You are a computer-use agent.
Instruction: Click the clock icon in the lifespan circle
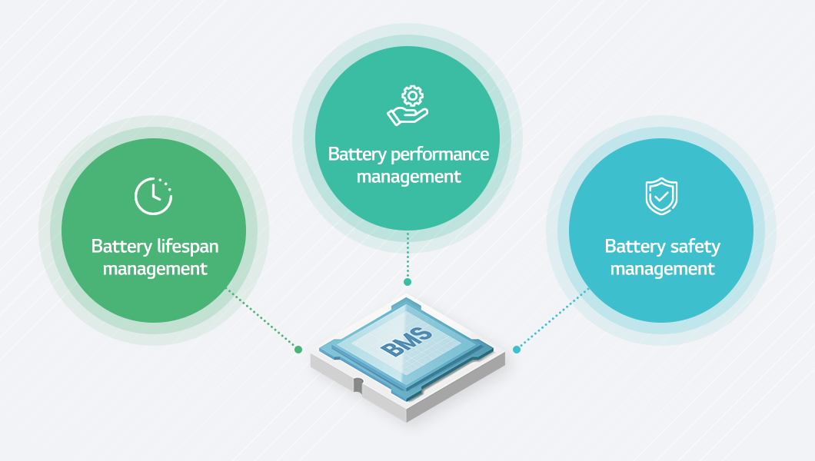(153, 196)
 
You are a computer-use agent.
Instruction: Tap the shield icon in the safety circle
(660, 196)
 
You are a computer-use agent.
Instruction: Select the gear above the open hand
(413, 95)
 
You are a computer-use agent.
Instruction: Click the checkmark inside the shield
(660, 197)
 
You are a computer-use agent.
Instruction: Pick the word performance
(440, 154)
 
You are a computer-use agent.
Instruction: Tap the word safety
(695, 247)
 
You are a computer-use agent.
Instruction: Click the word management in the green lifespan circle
(155, 269)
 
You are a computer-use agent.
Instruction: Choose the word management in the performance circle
(408, 177)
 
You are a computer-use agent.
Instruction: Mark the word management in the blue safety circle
(662, 269)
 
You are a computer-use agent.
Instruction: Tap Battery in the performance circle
(357, 154)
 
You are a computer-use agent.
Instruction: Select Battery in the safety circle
(634, 247)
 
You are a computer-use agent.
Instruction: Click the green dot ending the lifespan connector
(298, 350)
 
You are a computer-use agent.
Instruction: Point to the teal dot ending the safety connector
(517, 350)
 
